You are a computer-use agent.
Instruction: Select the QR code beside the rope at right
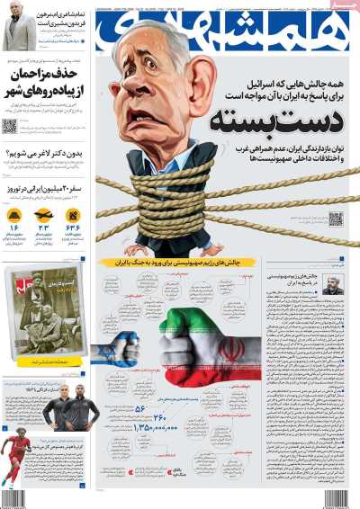tap(336, 219)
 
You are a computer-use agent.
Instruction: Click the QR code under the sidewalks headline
tap(10, 127)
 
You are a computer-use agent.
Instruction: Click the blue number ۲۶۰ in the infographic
tap(160, 416)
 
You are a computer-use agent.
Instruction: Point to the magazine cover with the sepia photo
tap(41, 315)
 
